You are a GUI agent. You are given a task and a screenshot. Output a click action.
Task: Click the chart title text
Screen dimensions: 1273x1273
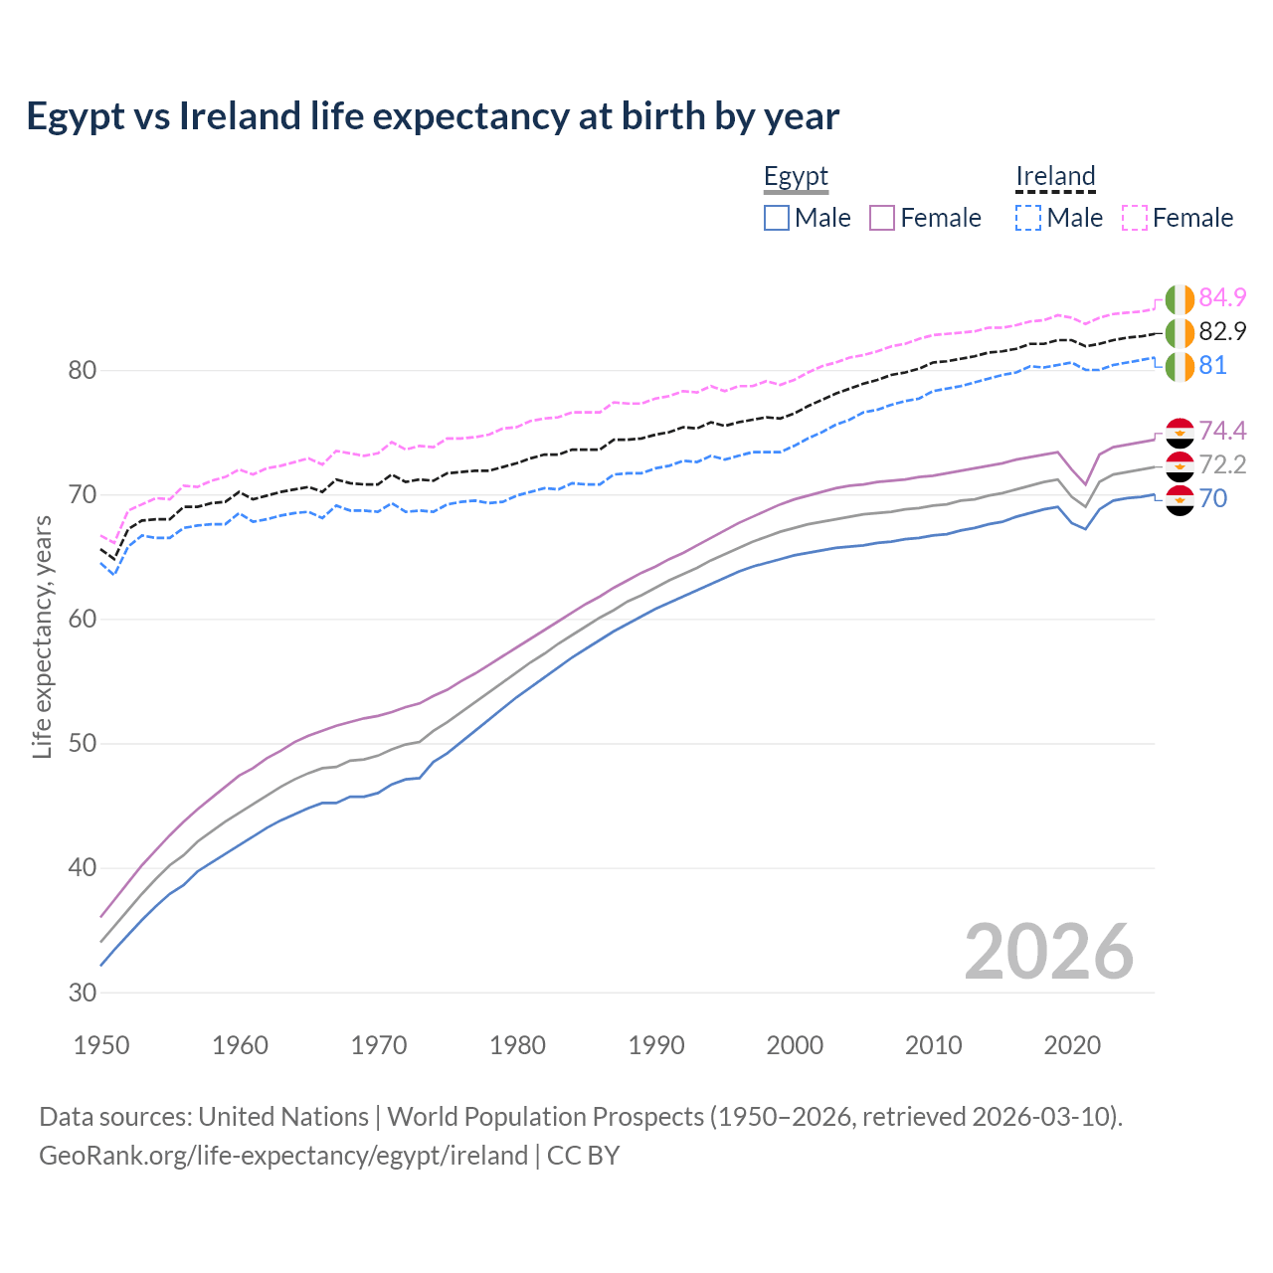tap(433, 116)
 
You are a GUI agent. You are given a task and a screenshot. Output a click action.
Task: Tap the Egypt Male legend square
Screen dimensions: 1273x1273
tap(777, 218)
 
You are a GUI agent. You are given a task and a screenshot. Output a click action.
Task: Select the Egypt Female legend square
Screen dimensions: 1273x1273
tap(882, 218)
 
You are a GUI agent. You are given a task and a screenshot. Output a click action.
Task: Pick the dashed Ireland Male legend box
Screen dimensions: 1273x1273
tap(1028, 218)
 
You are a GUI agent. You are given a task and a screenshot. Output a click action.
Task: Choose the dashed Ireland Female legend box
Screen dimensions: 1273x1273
tap(1135, 218)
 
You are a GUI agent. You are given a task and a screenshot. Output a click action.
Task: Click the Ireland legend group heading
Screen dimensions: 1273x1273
tap(1055, 176)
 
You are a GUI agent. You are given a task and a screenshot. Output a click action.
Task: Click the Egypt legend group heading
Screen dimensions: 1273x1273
tap(796, 176)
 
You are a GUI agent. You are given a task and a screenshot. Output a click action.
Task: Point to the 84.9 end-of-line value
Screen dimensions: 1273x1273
tap(1222, 297)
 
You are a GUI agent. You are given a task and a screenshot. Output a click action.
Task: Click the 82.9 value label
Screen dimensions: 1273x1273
tap(1222, 331)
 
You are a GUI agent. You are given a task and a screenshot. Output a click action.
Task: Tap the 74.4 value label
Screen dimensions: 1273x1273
tap(1222, 431)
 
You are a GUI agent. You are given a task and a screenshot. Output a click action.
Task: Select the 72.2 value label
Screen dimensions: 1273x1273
tap(1222, 464)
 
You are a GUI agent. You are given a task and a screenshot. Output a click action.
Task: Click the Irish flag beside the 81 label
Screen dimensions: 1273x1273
tap(1180, 366)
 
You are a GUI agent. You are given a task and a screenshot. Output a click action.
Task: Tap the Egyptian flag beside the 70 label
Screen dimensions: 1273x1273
tap(1180, 499)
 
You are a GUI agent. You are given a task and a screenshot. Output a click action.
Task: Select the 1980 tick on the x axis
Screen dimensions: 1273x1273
tap(517, 1045)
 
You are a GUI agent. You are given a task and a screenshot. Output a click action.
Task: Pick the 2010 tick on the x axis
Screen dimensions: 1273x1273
tap(933, 1045)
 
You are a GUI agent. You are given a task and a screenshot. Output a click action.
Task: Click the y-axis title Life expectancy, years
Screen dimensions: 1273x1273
tap(42, 636)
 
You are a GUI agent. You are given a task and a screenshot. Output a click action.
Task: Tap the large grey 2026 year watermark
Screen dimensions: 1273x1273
tap(1048, 952)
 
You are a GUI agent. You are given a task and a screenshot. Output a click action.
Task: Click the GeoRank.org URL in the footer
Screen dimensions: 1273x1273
tap(283, 1156)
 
